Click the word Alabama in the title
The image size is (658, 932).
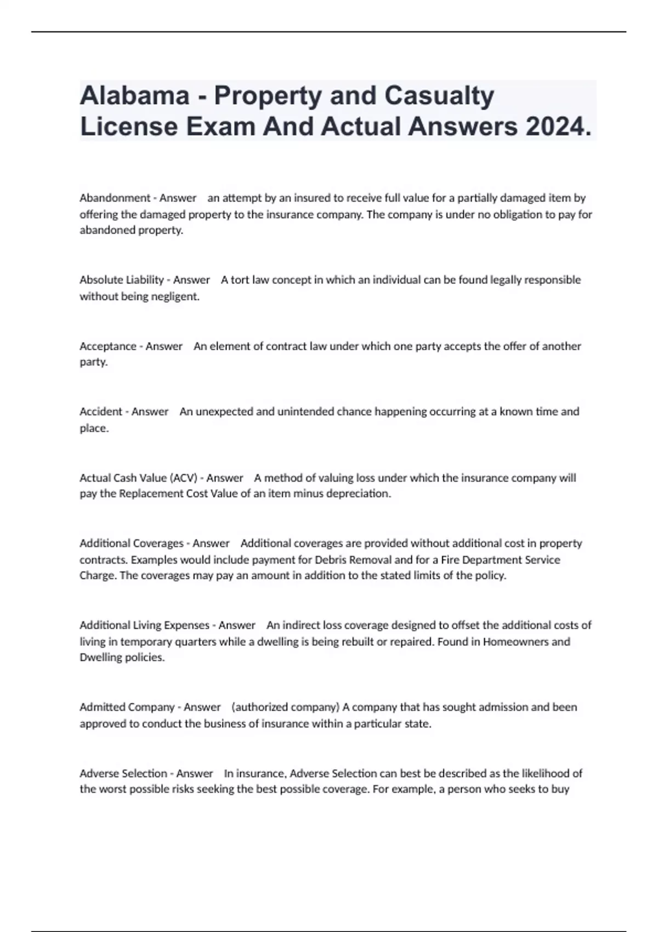[x=135, y=95]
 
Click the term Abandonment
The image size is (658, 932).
[x=115, y=198]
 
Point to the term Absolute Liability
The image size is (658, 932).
[x=122, y=280]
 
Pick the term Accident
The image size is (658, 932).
[x=101, y=412]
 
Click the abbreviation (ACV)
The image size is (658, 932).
[x=184, y=478]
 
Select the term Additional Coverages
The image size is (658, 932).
[x=132, y=543]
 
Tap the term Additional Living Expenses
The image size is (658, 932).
[x=145, y=626]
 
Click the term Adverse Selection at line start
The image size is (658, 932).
[x=123, y=774]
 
